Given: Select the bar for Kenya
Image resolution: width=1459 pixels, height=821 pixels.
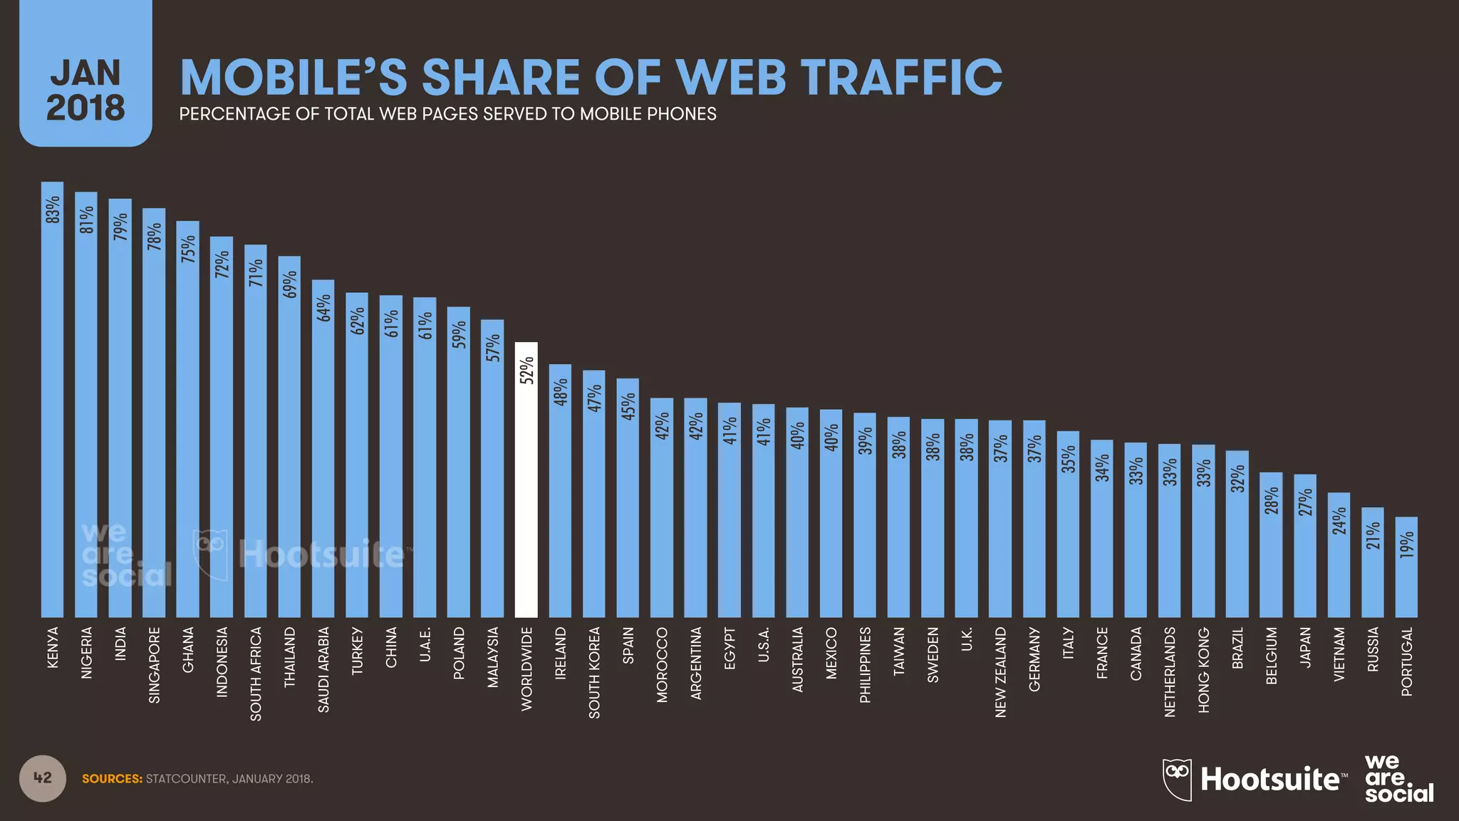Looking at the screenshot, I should [52, 399].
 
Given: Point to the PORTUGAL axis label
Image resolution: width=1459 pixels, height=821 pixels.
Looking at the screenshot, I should [1406, 661].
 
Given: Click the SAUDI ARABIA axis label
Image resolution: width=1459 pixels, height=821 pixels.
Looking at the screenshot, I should [323, 669].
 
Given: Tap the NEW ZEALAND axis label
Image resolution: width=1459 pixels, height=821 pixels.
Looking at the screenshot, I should [1000, 672].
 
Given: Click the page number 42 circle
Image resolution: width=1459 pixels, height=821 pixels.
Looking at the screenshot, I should [43, 778].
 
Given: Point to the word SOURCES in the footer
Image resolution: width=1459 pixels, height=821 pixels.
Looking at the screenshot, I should [112, 779].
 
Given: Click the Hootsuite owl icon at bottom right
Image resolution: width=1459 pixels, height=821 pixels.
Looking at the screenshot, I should [1177, 779].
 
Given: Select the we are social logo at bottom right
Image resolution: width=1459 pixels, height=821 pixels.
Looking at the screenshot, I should [1398, 778].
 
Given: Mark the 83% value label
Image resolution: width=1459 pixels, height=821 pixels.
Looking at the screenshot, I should [52, 210].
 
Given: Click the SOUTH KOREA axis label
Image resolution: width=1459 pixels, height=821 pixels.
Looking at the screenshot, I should [594, 672].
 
